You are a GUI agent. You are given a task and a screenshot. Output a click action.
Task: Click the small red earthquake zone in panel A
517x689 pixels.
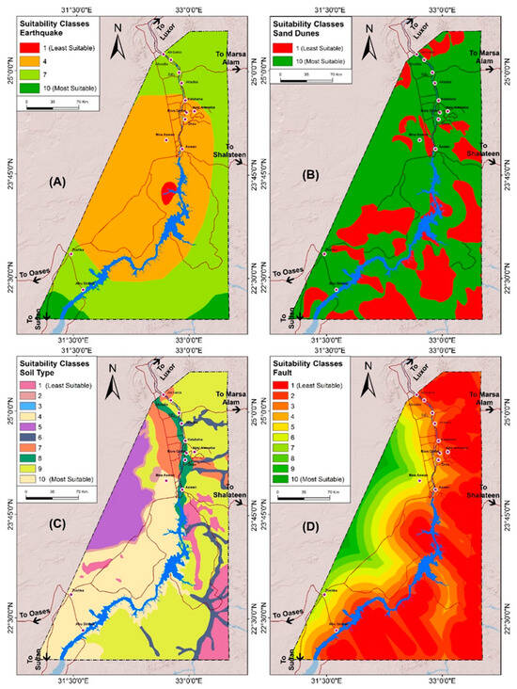point(169,192)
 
